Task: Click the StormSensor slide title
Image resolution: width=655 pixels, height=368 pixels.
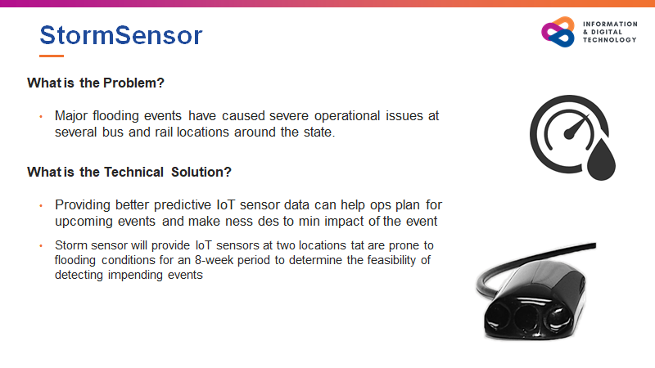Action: click(121, 35)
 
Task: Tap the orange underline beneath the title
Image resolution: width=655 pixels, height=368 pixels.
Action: click(52, 56)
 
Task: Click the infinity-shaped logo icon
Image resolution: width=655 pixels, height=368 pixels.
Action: click(558, 32)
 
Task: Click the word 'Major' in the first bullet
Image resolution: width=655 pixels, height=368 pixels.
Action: click(72, 116)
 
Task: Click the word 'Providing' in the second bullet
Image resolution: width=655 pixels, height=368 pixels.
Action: click(82, 204)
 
